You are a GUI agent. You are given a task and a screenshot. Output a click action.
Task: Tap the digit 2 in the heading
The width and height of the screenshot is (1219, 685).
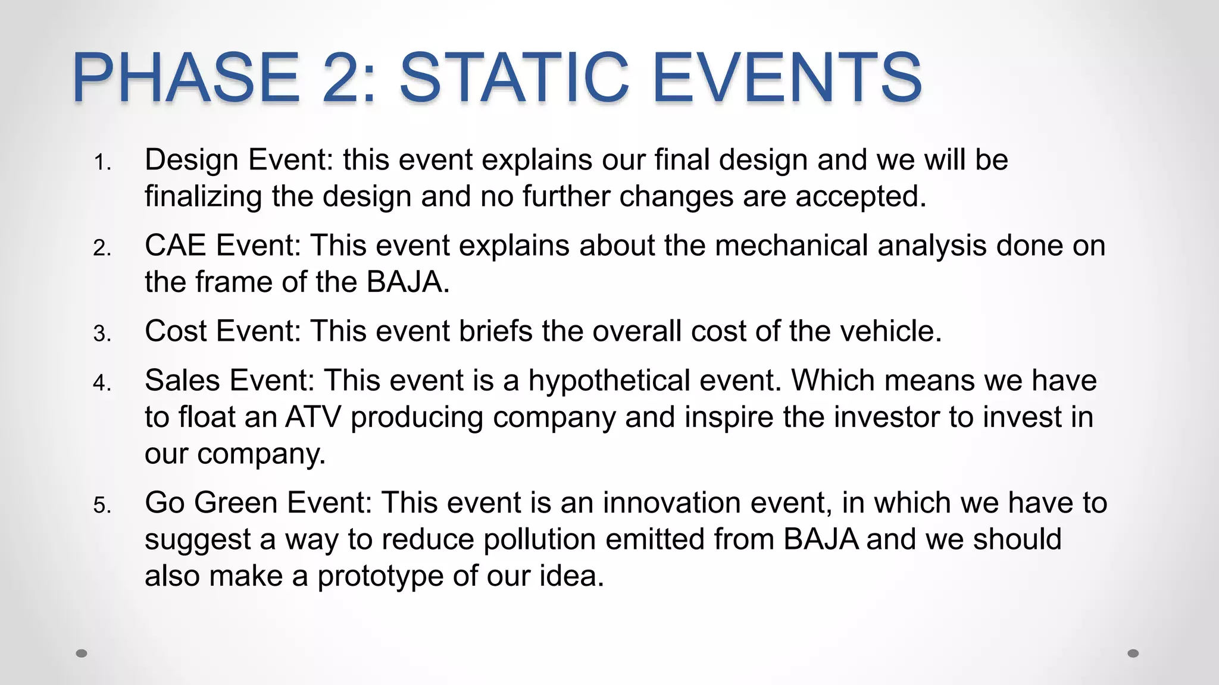click(351, 78)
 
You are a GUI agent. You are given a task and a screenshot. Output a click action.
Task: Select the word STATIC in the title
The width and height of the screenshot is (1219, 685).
click(514, 78)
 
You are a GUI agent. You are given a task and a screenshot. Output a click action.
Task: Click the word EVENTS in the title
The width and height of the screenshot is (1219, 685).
click(787, 78)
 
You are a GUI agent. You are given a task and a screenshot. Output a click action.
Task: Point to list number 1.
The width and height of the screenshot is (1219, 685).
click(102, 162)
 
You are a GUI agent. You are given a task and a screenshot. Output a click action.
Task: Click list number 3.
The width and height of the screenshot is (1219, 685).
click(102, 334)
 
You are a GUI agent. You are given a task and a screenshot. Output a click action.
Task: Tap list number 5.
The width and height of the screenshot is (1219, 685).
click(102, 505)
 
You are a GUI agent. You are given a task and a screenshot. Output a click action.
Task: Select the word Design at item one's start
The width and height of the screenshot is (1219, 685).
click(192, 160)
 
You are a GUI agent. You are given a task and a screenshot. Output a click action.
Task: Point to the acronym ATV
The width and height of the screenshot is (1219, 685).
click(313, 417)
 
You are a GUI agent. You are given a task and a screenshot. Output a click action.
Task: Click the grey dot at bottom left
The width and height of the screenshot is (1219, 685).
click(82, 653)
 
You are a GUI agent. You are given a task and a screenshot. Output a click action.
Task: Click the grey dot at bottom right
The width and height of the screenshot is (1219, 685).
click(1133, 653)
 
